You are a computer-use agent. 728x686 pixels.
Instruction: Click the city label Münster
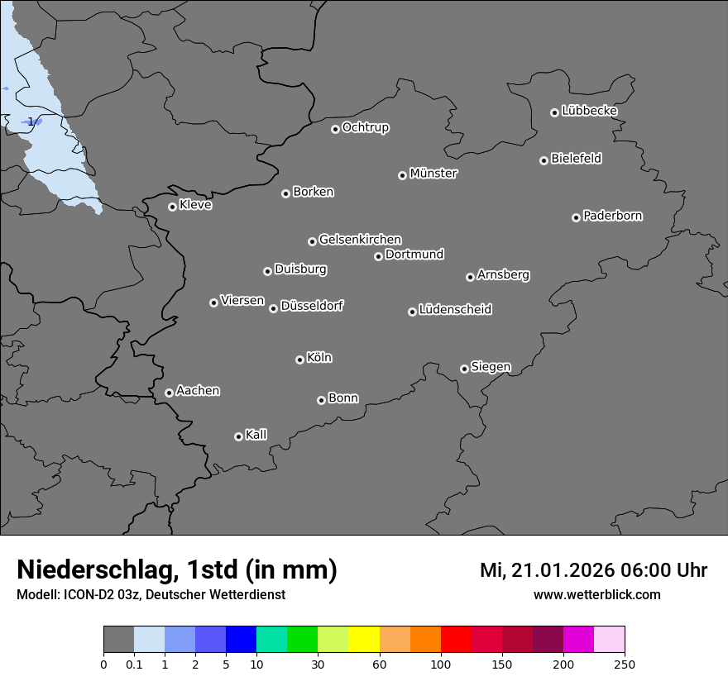[433, 174]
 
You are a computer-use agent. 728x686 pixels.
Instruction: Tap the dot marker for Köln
[299, 360]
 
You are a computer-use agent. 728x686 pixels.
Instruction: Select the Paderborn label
[612, 216]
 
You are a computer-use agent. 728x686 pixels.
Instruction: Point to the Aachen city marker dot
[169, 393]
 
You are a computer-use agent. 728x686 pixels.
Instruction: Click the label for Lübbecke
[589, 111]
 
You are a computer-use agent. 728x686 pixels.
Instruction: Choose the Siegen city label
[491, 367]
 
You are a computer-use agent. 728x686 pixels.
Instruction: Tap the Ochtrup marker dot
[335, 129]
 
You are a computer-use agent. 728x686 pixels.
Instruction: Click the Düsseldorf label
[311, 306]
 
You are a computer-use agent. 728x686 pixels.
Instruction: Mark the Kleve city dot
[172, 207]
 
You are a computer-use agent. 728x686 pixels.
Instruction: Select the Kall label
[256, 435]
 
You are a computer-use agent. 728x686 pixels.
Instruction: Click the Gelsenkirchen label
[360, 240]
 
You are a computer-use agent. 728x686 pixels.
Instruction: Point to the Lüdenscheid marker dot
[412, 312]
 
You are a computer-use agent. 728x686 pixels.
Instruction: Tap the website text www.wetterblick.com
[596, 595]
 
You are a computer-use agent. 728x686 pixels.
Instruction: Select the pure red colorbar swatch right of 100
[456, 640]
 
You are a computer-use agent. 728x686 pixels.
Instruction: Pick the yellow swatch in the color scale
[364, 640]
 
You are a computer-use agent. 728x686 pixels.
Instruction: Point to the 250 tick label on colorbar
[625, 664]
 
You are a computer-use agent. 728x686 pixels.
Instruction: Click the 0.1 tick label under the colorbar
[133, 664]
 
